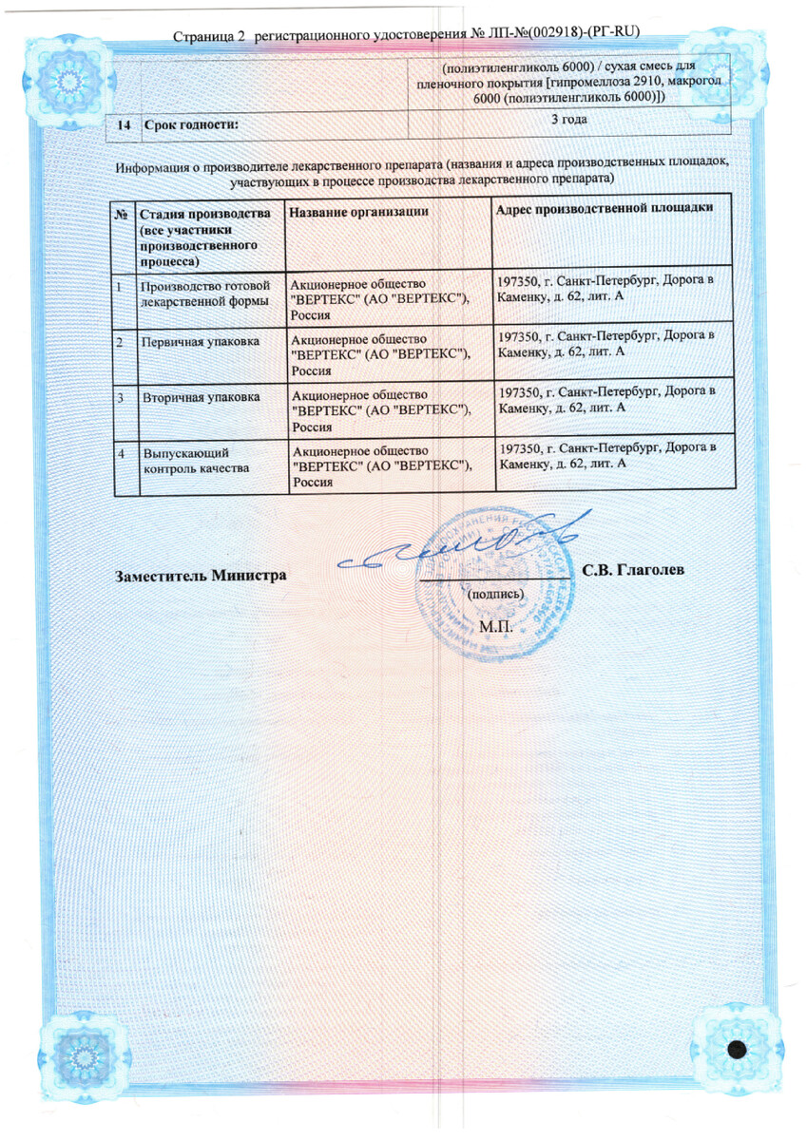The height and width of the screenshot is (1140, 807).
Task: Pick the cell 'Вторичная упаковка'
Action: click(200, 394)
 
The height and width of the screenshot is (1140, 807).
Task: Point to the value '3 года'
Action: click(569, 120)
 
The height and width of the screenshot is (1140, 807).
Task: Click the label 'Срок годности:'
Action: click(190, 124)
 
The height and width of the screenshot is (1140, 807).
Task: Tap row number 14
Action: click(125, 124)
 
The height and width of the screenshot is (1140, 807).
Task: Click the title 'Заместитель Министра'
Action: click(201, 575)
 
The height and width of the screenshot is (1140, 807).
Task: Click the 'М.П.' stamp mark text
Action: click(495, 627)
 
